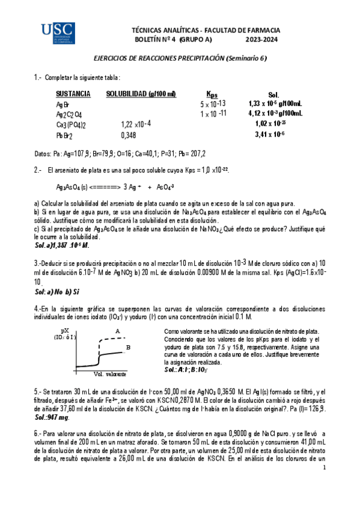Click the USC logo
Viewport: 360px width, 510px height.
coord(57,34)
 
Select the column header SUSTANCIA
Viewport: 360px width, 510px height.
coord(73,94)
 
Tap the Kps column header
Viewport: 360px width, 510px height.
coord(212,94)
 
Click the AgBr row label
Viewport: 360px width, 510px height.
coord(63,105)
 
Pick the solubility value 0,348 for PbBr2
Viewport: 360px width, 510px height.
coord(129,136)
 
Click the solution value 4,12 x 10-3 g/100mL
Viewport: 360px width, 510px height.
coord(275,113)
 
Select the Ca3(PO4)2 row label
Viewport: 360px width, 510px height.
coord(71,125)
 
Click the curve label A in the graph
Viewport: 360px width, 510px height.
coord(117,331)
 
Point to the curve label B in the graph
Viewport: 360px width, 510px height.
coord(128,347)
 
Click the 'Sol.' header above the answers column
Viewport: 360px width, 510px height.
coord(273,95)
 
